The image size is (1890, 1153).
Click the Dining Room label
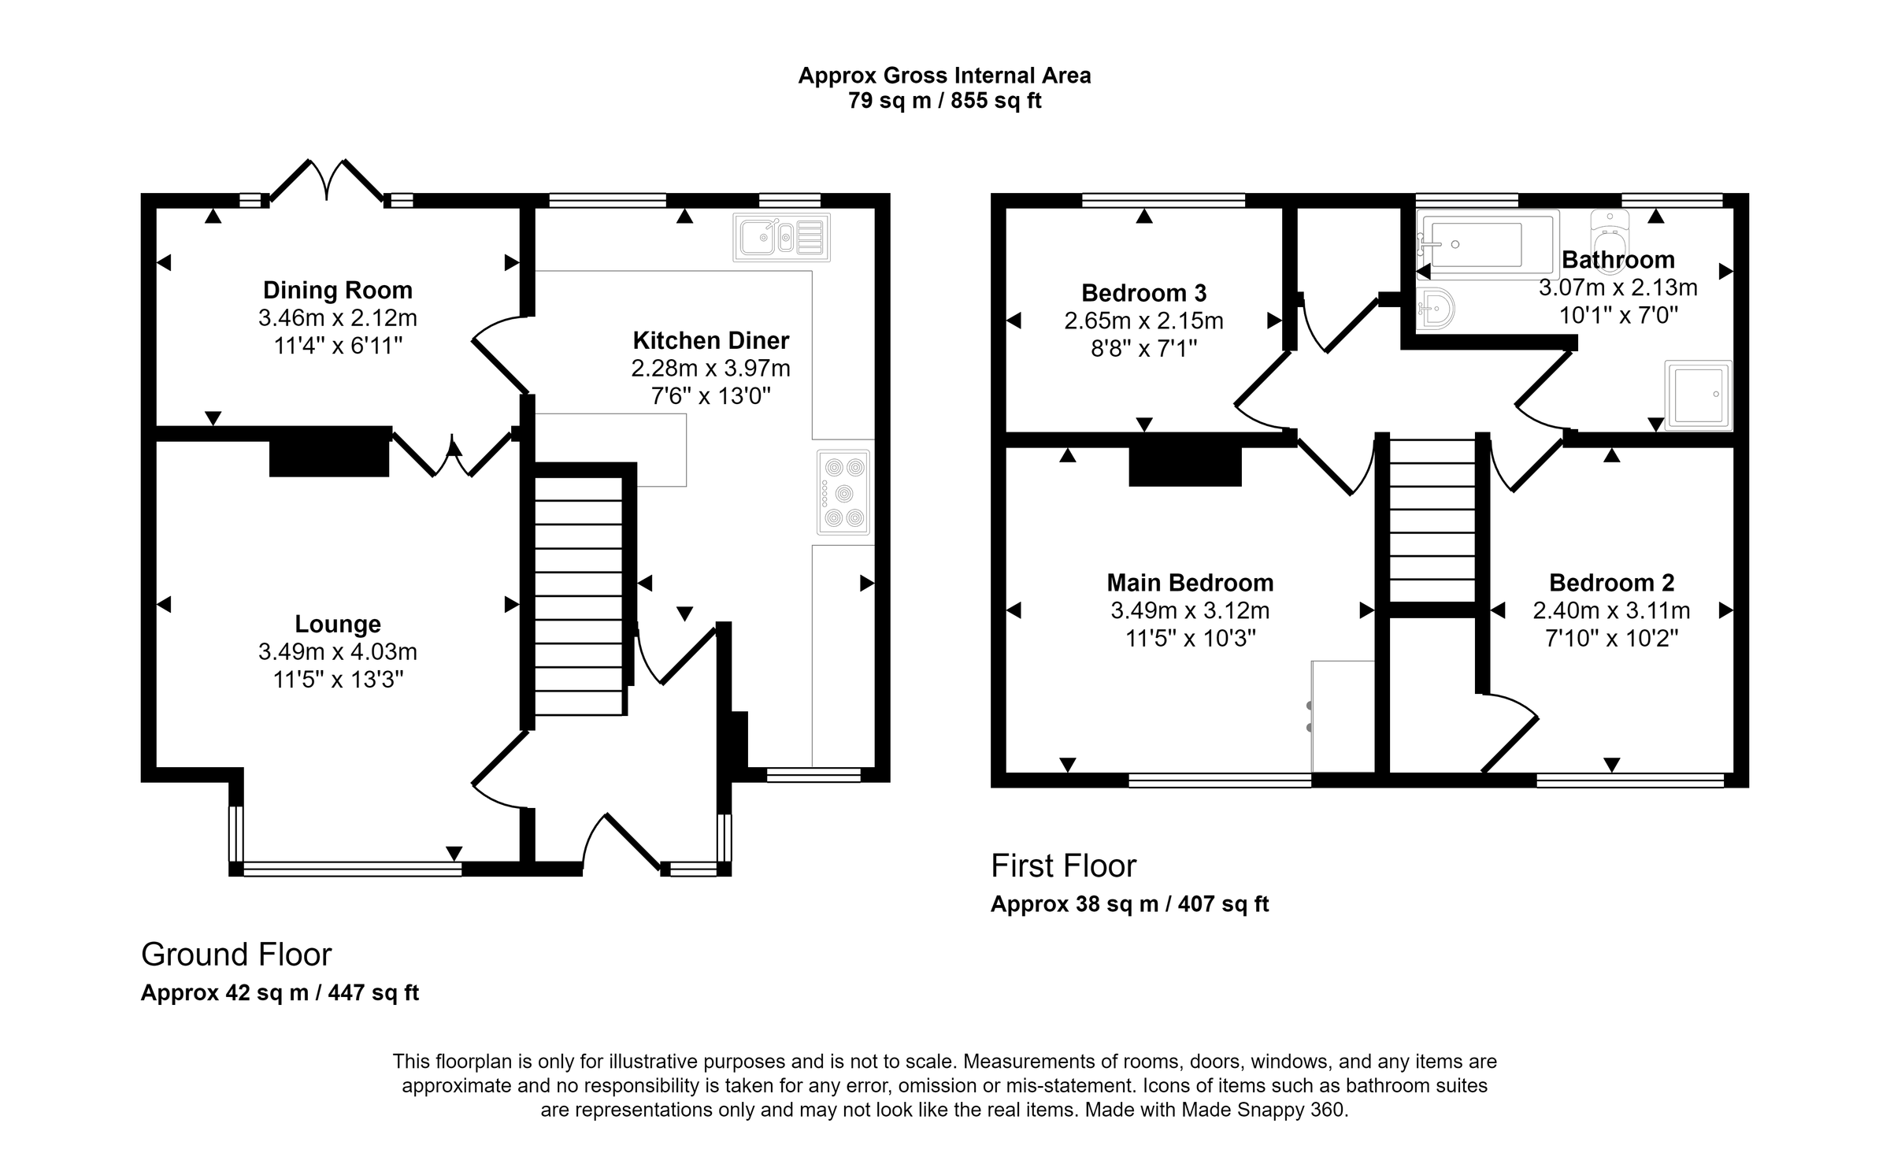pos(337,290)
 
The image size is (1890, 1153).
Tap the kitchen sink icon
pos(781,237)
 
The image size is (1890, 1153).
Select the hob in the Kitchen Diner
pos(843,493)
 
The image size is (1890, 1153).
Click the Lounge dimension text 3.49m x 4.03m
pos(337,652)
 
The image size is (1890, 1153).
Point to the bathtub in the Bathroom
pos(1487,244)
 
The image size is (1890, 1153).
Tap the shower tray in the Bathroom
pos(1698,395)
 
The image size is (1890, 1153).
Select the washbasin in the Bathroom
pos(1435,308)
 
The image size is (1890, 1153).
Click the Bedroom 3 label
pos(1143,293)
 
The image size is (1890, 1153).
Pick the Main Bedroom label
pos(1190,583)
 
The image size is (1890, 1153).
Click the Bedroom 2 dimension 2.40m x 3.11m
pos(1611,610)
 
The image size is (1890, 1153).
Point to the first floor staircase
pos(1432,520)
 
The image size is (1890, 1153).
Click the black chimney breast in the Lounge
pos(329,452)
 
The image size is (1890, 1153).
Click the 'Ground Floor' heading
pos(236,955)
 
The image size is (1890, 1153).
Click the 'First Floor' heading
pos(1063,866)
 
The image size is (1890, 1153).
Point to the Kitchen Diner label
pos(710,340)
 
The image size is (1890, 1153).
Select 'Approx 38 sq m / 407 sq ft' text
pos(1129,904)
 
